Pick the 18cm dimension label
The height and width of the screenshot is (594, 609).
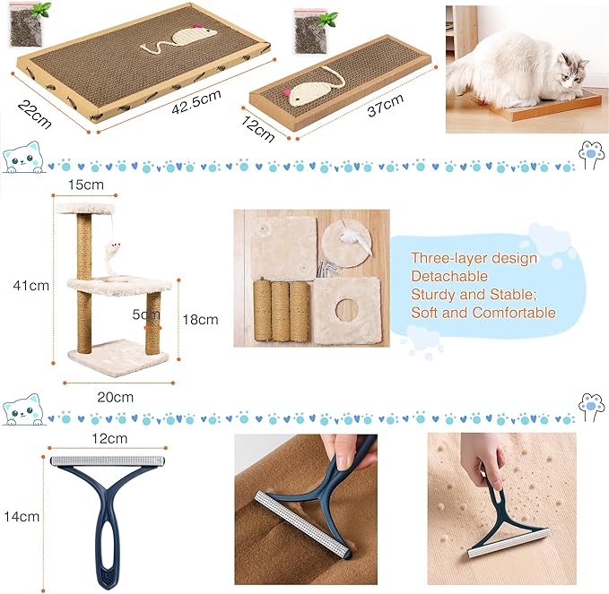coord(201,319)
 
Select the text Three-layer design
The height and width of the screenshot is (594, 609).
coord(474,258)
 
